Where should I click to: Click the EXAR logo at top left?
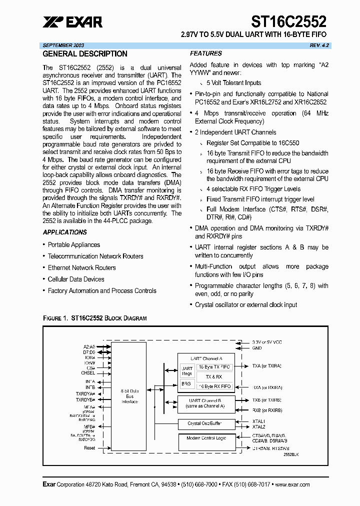(72, 21)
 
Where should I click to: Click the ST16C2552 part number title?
(288, 21)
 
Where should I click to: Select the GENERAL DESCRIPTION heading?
(85, 54)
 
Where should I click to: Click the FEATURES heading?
(205, 53)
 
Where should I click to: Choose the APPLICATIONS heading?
(65, 232)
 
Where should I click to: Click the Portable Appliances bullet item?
(73, 244)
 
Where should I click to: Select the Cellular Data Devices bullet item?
(76, 279)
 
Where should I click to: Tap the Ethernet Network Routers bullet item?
(81, 267)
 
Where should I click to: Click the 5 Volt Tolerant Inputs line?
(233, 83)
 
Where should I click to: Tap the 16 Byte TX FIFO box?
(214, 366)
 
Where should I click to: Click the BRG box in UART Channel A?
(186, 383)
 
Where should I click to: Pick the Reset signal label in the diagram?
(89, 448)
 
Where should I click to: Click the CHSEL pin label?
(88, 372)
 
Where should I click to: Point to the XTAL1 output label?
(258, 421)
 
